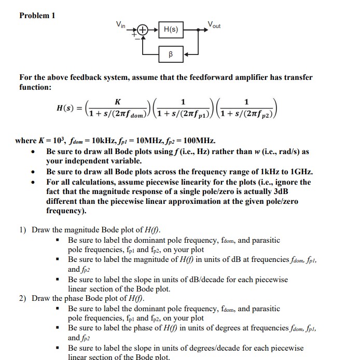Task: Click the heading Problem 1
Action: (x=37, y=15)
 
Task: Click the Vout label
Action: (x=214, y=24)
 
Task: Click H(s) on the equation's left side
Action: (x=66, y=109)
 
